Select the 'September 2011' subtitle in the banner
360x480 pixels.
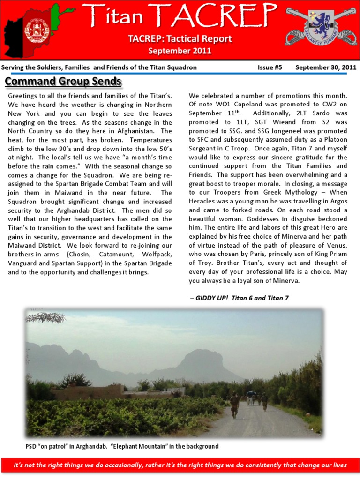[180, 51]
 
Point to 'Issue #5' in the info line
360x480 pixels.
[270, 67]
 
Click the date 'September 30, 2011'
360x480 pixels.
[326, 67]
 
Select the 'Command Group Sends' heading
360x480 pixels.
[63, 82]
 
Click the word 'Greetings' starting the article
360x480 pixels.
[24, 96]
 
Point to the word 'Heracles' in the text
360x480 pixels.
[204, 202]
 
